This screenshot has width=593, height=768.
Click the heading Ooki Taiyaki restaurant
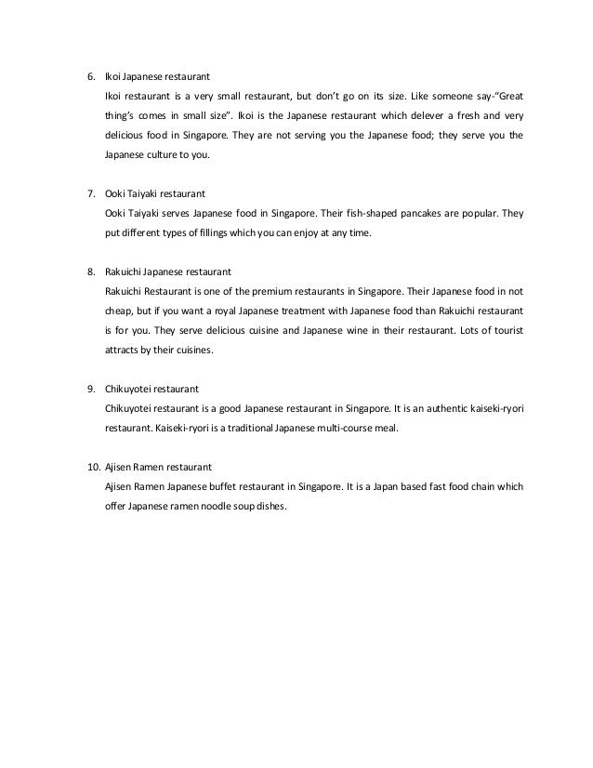[x=155, y=193]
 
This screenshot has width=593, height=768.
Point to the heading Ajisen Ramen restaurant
[x=159, y=464]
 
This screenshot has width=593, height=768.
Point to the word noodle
[x=219, y=503]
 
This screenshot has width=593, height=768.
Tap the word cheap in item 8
[x=122, y=310]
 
